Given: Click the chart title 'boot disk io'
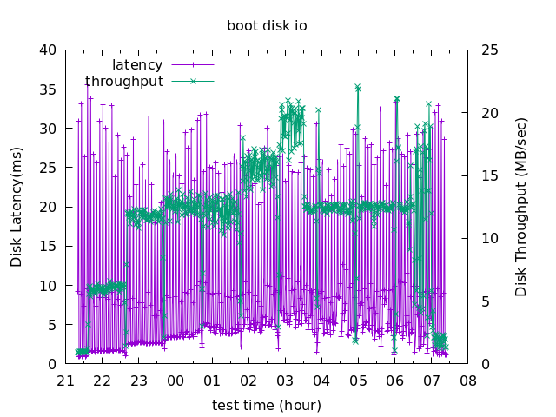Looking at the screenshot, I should [x=267, y=26].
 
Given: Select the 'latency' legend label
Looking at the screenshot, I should [x=137, y=65].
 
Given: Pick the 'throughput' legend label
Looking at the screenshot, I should [x=124, y=81].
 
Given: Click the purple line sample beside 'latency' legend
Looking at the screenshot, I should [x=192, y=65].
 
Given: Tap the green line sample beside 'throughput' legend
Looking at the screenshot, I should [x=192, y=81].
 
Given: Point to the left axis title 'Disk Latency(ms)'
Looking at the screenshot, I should [x=17, y=207].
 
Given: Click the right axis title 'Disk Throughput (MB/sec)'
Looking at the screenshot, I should [x=521, y=207].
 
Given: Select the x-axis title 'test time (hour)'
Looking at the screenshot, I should [x=267, y=405].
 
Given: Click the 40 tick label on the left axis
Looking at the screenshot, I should [x=49, y=50].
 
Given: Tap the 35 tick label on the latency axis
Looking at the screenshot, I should [x=49, y=89].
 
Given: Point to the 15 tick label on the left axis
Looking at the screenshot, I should [x=49, y=246].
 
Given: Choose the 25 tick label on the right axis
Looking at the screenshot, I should [x=489, y=50].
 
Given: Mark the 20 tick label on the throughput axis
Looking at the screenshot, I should [x=489, y=113].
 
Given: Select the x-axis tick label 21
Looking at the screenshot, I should [x=66, y=381].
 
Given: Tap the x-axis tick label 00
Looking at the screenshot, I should [x=175, y=381].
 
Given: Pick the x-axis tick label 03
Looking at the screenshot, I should [x=285, y=381].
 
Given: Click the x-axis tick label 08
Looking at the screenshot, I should [x=468, y=381].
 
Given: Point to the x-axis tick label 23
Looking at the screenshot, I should [x=139, y=381].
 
